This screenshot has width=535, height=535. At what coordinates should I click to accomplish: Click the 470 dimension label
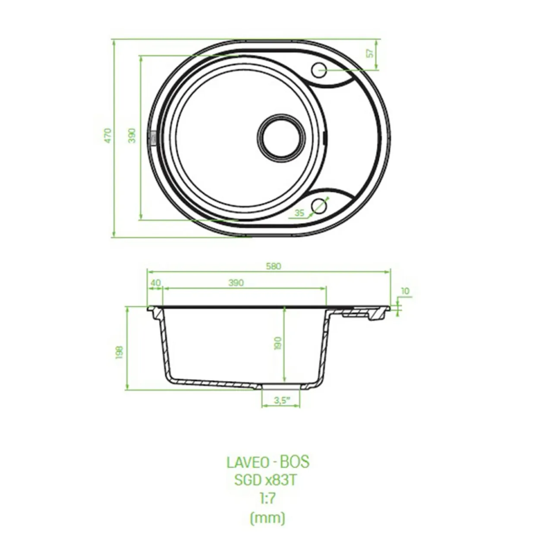108,136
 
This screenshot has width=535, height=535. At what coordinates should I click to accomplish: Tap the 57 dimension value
370,53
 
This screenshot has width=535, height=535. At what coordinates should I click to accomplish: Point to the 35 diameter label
299,213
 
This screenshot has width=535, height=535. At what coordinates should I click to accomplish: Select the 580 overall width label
274,266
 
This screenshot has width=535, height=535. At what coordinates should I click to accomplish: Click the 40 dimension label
155,283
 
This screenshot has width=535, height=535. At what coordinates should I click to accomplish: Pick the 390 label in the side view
236,283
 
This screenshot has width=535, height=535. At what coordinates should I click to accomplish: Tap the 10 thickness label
405,291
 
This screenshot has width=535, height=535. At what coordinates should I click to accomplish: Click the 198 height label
119,352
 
